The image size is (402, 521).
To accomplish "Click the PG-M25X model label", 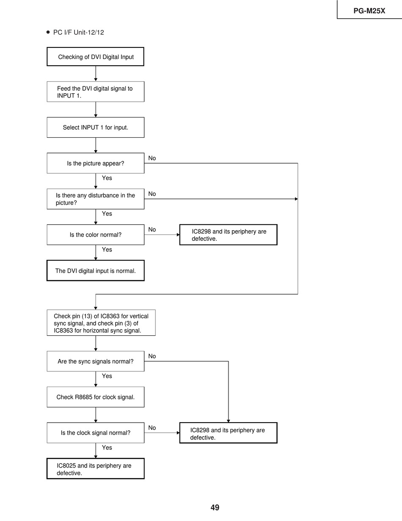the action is click(369, 11).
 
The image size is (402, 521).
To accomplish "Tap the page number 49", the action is click(215, 507).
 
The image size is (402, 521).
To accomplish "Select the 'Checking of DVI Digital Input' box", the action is click(96, 56).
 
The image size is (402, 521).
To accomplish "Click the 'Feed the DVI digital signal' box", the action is click(96, 92).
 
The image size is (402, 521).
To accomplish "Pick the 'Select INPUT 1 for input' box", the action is click(96, 127).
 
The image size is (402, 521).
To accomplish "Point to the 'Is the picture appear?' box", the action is click(96, 163).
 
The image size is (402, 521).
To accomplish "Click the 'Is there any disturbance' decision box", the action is click(96, 199).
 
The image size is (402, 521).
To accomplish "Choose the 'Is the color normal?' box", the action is click(96, 234).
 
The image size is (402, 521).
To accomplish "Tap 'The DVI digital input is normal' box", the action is click(96, 270).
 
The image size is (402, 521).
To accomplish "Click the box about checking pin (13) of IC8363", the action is click(101, 323).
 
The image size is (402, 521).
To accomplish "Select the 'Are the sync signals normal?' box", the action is click(96, 361).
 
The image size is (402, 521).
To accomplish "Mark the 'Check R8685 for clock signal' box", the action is click(96, 397).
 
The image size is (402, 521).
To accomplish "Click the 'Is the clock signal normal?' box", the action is click(96, 433).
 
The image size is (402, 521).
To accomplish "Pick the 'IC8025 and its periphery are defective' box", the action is click(96, 469).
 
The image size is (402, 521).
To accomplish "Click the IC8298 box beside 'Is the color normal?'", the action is click(228, 235).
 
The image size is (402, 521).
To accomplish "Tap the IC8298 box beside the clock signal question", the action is click(228, 433).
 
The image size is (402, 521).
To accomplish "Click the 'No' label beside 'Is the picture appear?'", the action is click(152, 158).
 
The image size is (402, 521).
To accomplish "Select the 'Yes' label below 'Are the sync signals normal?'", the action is click(107, 376).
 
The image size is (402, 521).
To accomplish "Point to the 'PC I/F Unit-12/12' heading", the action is click(78, 32).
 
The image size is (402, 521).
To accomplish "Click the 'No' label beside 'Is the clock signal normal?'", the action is click(152, 428).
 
